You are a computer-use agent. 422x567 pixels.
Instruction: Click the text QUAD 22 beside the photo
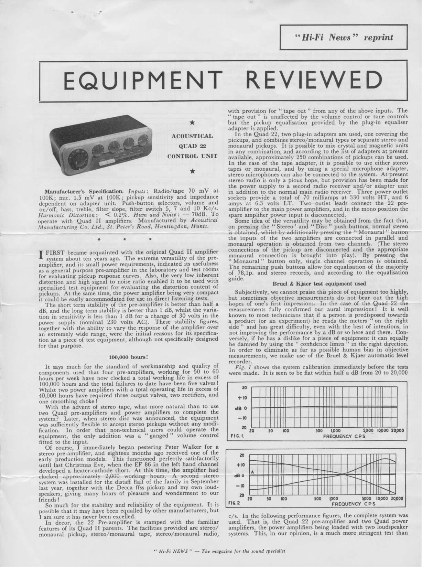(x=192, y=146)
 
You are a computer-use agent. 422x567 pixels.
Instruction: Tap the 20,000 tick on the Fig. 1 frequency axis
(x=397, y=430)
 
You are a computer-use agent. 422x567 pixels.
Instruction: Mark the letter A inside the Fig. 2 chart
(x=252, y=472)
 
